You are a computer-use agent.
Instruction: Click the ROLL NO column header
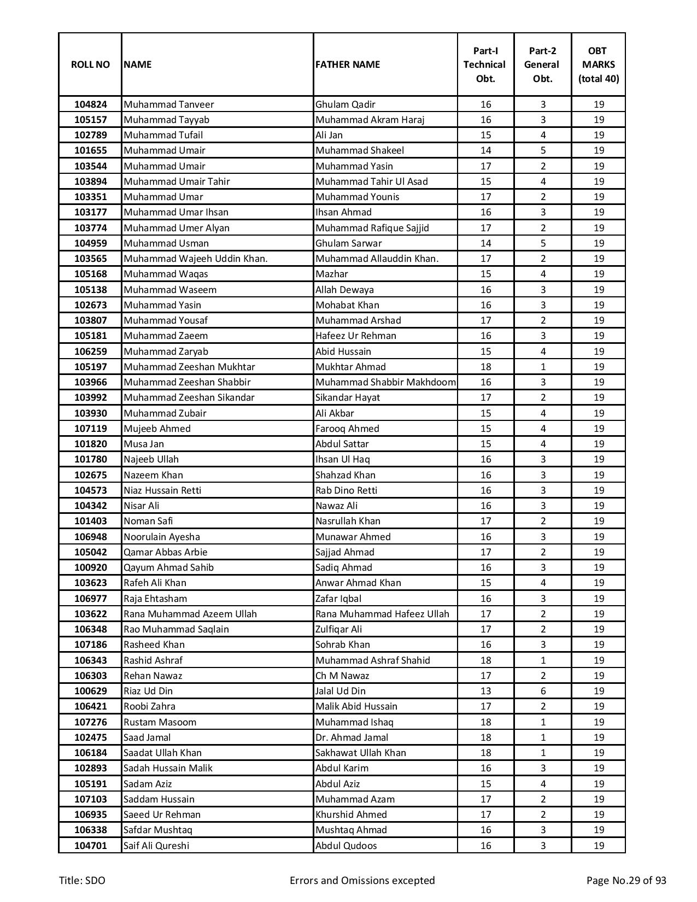pyautogui.click(x=90, y=65)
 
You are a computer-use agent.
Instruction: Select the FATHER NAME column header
pyautogui.click(x=347, y=65)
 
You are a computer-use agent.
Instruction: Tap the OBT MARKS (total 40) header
pyautogui.click(x=599, y=65)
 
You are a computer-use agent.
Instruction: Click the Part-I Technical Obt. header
pyautogui.click(x=485, y=65)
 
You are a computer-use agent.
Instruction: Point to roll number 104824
pyautogui.click(x=90, y=104)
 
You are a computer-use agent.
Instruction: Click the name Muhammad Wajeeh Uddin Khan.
pyautogui.click(x=195, y=259)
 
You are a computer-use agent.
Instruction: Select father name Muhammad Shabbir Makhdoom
pyautogui.click(x=385, y=382)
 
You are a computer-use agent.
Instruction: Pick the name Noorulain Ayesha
pyautogui.click(x=161, y=537)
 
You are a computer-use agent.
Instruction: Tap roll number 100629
pyautogui.click(x=90, y=691)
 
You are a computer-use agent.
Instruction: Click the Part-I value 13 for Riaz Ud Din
pyautogui.click(x=485, y=691)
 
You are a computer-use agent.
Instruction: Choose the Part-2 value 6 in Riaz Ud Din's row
pyautogui.click(x=543, y=691)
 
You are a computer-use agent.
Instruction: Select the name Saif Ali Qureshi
pyautogui.click(x=156, y=846)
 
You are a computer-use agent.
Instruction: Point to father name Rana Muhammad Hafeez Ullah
pyautogui.click(x=382, y=614)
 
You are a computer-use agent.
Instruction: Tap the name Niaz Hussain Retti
pyautogui.click(x=162, y=490)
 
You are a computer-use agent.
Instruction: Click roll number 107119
pyautogui.click(x=90, y=429)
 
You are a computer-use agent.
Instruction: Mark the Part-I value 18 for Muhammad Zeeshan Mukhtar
pyautogui.click(x=485, y=367)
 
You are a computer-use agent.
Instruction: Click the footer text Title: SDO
pyautogui.click(x=82, y=880)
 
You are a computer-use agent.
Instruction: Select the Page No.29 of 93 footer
pyautogui.click(x=626, y=880)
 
